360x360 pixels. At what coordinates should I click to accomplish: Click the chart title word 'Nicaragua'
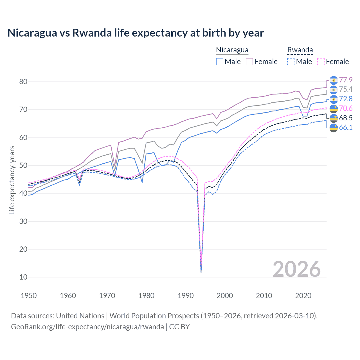[32, 33]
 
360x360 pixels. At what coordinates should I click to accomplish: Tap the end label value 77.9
[346, 80]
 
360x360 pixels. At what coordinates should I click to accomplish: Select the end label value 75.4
[346, 89]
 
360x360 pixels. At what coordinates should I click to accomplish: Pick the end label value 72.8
[346, 99]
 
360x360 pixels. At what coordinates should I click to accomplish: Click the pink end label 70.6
[346, 108]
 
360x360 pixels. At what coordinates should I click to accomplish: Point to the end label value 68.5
[346, 118]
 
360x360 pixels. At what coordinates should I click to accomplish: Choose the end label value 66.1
[346, 127]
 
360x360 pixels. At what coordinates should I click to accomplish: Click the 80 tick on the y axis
[23, 82]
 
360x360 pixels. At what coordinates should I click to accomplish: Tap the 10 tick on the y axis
[23, 277]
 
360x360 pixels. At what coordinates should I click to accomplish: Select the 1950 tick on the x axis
[29, 296]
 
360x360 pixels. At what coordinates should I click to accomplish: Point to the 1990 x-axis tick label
[185, 296]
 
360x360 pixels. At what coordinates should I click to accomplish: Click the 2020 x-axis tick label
[303, 296]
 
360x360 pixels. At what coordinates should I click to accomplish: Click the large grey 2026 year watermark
[296, 269]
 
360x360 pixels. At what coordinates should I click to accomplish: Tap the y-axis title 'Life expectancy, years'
[12, 180]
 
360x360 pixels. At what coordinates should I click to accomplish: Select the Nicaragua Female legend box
[249, 62]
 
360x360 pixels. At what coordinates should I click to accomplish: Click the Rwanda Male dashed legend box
[291, 62]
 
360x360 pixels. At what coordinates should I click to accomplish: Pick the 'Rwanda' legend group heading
[300, 50]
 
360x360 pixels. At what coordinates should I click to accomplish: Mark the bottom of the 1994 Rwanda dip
[201, 272]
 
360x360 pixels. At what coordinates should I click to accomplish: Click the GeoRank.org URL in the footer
[87, 327]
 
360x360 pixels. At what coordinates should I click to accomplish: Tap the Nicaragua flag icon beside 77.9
[333, 80]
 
